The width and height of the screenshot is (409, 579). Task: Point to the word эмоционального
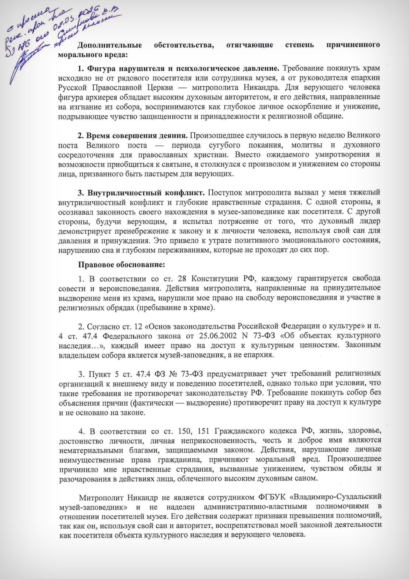point(305,240)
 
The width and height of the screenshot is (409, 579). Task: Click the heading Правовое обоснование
point(121,265)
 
